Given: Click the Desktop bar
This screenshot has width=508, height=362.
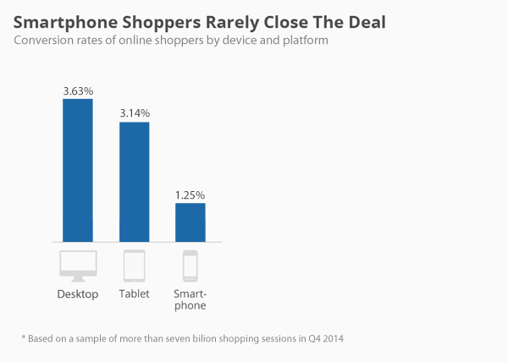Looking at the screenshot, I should pos(78,170).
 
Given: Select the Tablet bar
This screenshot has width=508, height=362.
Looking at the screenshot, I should pos(134,182).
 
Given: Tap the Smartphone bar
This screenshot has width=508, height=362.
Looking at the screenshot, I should pos(190,222).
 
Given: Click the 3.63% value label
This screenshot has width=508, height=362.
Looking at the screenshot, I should pos(78,90).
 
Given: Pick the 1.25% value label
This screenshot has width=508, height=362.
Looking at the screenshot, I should pos(190,195).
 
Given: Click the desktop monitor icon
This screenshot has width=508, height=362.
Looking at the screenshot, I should pos(78,266).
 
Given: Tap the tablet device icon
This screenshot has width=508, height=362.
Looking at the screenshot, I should pos(134,266).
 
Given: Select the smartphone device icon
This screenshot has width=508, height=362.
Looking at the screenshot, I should pos(190,266).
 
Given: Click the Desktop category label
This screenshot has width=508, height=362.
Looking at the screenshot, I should pos(78,294).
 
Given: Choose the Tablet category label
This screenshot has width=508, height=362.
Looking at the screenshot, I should pos(134,294).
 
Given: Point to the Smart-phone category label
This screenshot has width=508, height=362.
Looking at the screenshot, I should pos(190,300).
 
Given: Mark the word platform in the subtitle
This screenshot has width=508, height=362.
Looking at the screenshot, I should pos(303,41).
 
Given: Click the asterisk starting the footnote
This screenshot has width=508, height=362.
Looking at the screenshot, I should pos(24,338).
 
